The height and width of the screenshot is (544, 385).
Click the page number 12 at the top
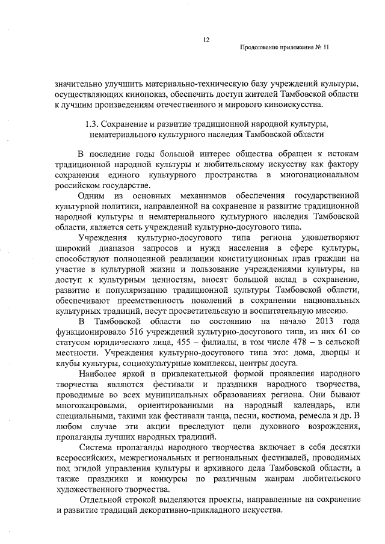tap(206, 40)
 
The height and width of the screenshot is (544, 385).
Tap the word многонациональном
tap(321, 174)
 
